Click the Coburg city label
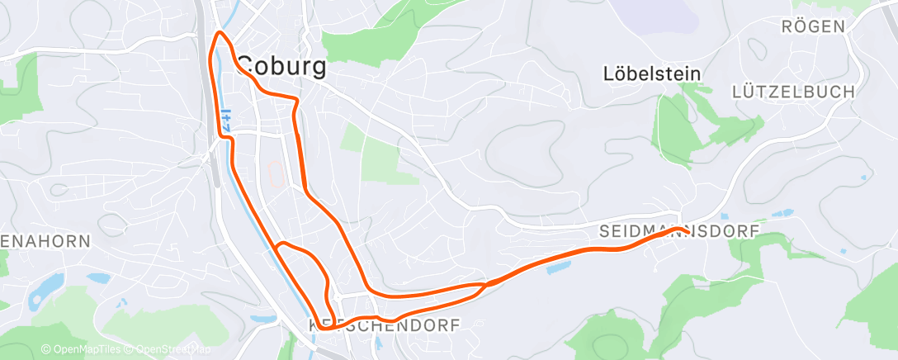click(281, 67)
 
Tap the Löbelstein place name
click(652, 73)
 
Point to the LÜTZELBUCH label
click(793, 92)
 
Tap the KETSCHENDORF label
click(383, 326)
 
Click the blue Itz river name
click(224, 121)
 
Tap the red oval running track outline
click(277, 173)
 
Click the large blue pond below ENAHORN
click(47, 286)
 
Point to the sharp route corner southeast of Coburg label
click(295, 99)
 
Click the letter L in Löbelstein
click(609, 73)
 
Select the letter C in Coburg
click(247, 67)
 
